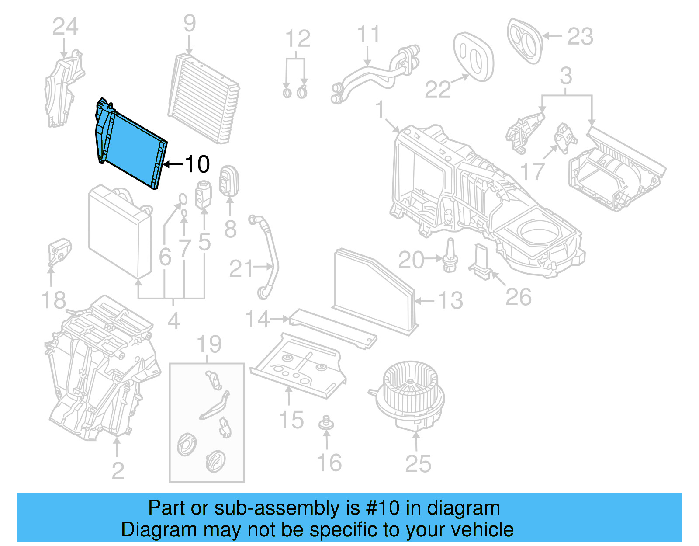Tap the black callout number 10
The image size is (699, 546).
coord(197,164)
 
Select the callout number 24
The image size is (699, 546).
coord(65,27)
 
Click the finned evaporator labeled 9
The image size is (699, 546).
coord(203,98)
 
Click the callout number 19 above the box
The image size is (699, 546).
coord(209,344)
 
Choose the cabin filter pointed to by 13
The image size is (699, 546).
coord(374,291)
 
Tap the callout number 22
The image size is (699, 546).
coord(438,90)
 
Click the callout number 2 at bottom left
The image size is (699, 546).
coord(118,471)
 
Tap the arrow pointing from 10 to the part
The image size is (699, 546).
coord(173,164)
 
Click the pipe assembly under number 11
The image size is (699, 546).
coord(376,72)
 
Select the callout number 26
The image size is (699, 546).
coord(518,297)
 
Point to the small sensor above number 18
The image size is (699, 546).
coord(59,251)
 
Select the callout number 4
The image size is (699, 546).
coord(173,321)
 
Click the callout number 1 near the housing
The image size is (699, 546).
coord(380,109)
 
